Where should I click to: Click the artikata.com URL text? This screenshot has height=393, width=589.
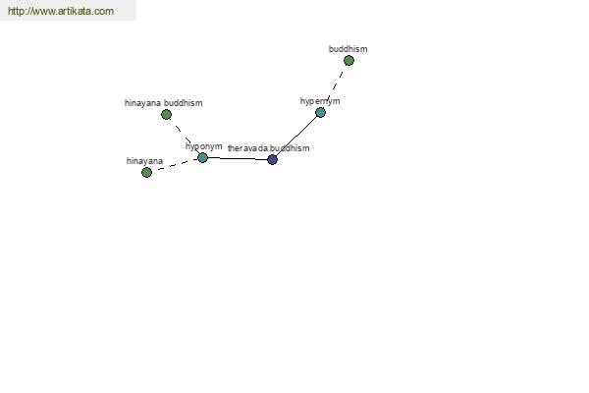coord(60,12)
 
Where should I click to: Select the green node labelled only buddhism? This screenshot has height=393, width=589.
coord(348,61)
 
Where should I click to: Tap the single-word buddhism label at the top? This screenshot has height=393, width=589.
coord(348,48)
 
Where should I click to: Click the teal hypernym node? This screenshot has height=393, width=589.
coord(320,112)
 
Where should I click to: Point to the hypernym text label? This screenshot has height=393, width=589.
coord(320,101)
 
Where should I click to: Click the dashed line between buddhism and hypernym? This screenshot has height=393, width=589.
coord(335,86)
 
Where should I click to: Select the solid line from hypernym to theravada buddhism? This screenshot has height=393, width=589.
coord(295,137)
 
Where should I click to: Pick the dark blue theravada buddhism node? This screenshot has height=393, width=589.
coord(272,159)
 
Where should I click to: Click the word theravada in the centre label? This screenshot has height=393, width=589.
coord(247,148)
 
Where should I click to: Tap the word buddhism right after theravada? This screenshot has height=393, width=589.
coord(290,148)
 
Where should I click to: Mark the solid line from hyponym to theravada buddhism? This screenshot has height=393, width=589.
coord(238,158)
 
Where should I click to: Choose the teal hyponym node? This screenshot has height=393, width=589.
coord(202,157)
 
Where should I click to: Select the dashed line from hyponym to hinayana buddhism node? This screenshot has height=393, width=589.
coord(185,136)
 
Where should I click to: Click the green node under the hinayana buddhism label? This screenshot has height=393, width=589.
coord(166,115)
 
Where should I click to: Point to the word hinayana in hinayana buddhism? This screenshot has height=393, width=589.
coord(143,103)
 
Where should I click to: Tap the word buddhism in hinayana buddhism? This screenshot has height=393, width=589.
coord(184,103)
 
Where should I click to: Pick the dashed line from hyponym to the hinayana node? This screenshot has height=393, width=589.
coord(175,165)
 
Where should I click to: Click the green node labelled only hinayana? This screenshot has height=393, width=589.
coord(146,172)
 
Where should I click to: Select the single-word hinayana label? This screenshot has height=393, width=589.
coord(144,161)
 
